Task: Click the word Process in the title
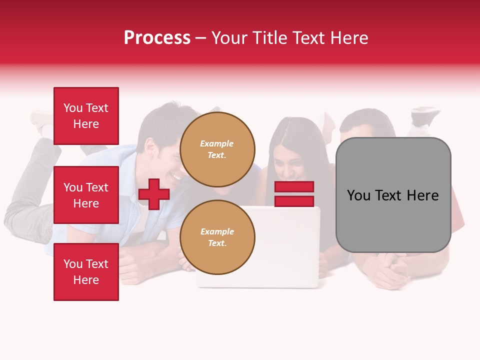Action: (x=157, y=38)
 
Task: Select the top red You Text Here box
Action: (x=86, y=116)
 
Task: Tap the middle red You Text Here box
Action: (x=86, y=195)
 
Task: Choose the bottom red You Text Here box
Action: (x=86, y=272)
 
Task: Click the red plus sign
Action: (x=154, y=194)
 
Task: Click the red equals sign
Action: (x=294, y=194)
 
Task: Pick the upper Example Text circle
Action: (x=217, y=149)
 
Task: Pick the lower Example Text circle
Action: (x=217, y=237)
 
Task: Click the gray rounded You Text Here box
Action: (x=393, y=195)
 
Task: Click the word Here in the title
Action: (x=348, y=38)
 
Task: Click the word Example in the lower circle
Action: (x=217, y=231)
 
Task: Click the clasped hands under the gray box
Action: (x=392, y=270)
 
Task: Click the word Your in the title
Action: (x=228, y=38)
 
